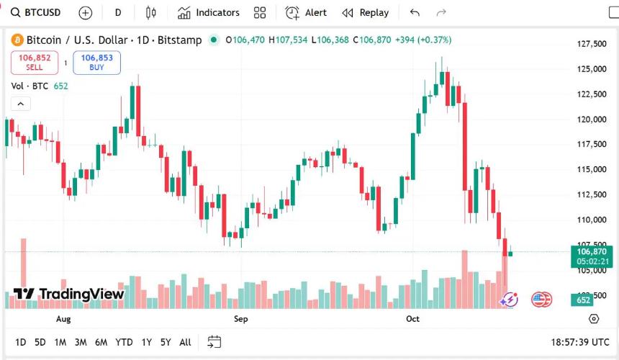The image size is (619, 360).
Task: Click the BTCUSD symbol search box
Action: [36, 12]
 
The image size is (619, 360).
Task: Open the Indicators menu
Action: [209, 12]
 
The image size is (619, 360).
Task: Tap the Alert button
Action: [306, 12]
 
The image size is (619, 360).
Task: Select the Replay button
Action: [366, 12]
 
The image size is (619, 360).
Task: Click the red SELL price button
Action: [34, 63]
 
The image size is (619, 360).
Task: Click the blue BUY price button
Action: [96, 63]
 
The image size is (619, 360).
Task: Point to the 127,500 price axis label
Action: [591, 44]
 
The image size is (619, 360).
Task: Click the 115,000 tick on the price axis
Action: [591, 169]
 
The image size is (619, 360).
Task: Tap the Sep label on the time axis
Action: [240, 318]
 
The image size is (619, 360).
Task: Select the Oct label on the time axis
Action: [412, 318]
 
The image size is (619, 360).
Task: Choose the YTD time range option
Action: [124, 342]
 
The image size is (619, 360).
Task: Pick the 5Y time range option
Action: [166, 342]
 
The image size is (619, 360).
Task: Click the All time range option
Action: [185, 342]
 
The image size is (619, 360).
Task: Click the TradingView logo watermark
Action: [69, 294]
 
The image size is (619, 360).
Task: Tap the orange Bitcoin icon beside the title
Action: [17, 40]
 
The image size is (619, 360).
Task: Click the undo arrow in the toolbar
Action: [414, 12]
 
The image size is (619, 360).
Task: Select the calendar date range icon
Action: [214, 342]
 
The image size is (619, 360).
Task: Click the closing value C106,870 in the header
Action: [374, 40]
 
